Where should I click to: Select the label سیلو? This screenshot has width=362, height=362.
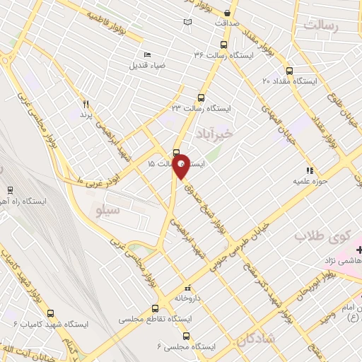point(107,209)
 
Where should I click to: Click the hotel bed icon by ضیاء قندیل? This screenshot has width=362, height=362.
point(147,55)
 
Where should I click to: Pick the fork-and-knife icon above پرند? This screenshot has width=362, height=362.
point(86,103)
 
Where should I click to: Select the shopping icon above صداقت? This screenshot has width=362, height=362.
point(226,13)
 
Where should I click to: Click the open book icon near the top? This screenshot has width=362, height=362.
point(187,23)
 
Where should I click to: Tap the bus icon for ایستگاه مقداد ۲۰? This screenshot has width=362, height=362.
point(289,71)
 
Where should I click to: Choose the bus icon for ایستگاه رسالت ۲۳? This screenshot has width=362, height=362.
point(202,98)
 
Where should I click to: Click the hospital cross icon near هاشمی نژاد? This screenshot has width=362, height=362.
point(358,250)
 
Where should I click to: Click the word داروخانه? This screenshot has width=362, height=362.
point(187,298)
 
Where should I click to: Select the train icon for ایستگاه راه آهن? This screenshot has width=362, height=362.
point(10,189)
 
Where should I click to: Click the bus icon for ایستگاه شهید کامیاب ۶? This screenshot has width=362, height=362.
point(49,313)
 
